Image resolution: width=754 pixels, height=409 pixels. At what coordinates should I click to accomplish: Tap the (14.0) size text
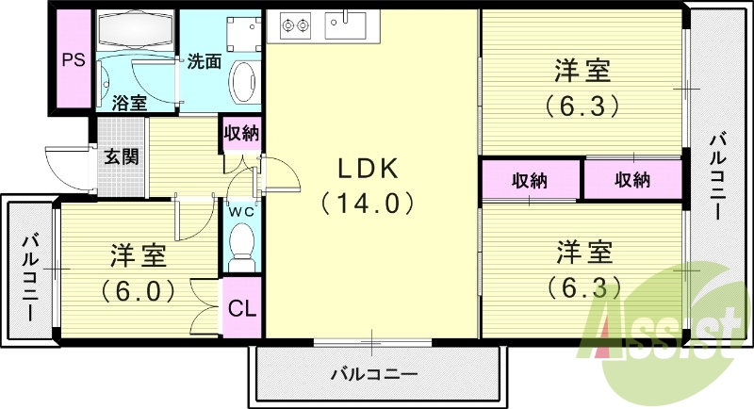click(370, 202)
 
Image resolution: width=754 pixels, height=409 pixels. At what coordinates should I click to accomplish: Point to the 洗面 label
click(204, 62)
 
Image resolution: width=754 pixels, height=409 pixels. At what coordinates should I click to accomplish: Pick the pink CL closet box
click(242, 308)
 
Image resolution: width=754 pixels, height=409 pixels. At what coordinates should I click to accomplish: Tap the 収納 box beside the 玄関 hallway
click(242, 133)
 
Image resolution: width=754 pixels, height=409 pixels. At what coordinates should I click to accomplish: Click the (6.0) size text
click(139, 289)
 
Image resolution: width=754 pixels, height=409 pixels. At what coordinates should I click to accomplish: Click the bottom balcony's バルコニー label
click(373, 373)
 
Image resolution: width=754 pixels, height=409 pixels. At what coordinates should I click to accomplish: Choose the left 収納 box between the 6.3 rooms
click(532, 180)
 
